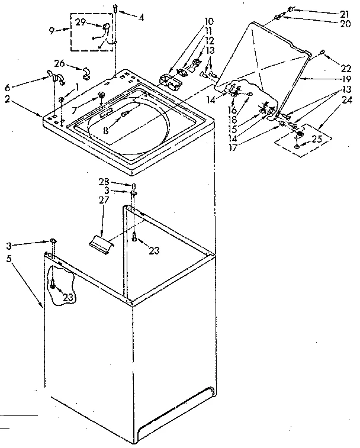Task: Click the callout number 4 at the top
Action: point(142,18)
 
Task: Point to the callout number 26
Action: point(59,63)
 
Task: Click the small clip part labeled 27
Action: point(99,243)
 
